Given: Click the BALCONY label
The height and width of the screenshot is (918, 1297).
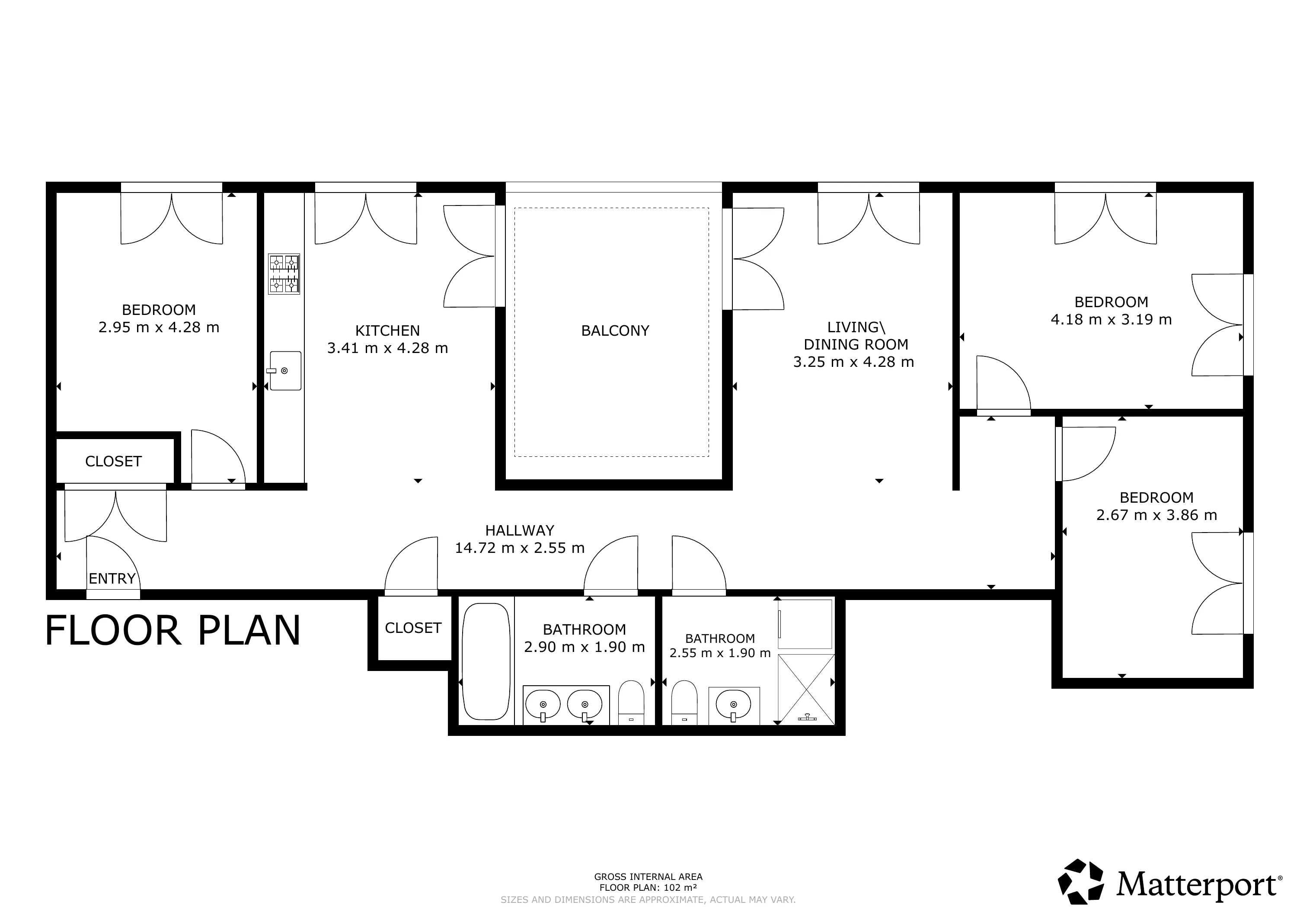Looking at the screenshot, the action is coord(615,331).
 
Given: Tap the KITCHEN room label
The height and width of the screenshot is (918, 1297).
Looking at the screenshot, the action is coord(387,331).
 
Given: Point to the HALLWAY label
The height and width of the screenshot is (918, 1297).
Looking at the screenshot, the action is coord(520,531).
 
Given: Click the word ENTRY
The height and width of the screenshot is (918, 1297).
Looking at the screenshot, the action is coord(112,579).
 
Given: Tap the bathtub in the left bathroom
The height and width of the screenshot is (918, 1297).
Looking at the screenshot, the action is coord(486,661).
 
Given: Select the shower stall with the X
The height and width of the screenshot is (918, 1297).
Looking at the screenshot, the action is coord(806,689).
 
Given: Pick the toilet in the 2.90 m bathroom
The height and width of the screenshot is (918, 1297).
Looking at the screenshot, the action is coord(631,703).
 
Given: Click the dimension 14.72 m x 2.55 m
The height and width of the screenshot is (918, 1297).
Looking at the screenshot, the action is coord(520,548).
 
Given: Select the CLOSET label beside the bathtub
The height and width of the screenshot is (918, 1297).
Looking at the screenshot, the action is coord(413,628).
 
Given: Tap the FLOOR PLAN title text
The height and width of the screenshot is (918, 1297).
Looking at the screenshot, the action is coord(173,631).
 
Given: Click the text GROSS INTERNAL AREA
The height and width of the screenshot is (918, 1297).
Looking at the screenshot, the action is coord(648,877).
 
